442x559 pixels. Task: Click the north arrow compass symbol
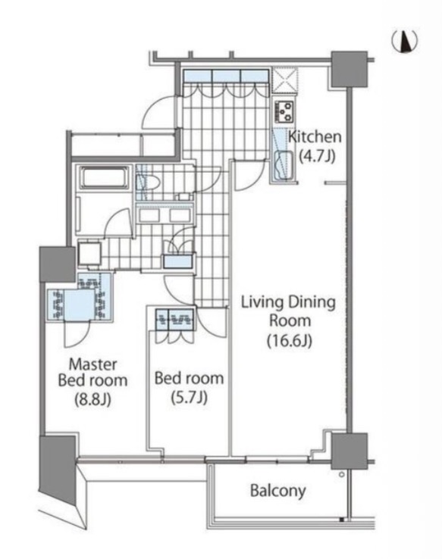click(405, 41)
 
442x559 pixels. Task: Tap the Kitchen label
click(315, 136)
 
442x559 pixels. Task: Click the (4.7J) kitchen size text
click(316, 156)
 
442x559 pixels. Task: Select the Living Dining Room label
click(289, 311)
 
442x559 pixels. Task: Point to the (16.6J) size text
click(290, 341)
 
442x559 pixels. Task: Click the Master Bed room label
click(92, 372)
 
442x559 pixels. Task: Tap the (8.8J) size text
click(92, 399)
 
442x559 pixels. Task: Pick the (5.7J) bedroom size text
click(189, 397)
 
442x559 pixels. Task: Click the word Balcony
click(278, 491)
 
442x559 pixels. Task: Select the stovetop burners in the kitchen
click(284, 111)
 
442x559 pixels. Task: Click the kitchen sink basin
click(284, 165)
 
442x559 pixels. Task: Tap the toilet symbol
click(149, 183)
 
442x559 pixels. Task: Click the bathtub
click(103, 178)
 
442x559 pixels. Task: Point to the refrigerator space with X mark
click(284, 81)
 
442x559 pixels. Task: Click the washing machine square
click(89, 253)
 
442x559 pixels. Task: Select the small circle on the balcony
click(341, 474)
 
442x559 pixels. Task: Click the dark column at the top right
click(350, 69)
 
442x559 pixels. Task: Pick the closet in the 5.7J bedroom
click(175, 320)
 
